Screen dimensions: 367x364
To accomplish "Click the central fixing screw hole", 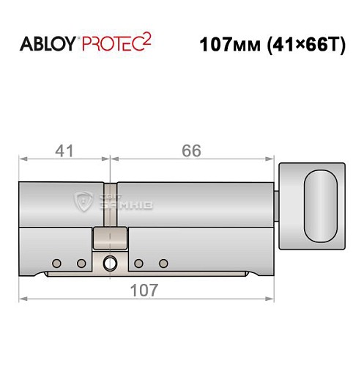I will coord(110,262).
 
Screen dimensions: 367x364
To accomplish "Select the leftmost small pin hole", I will coord(56,263).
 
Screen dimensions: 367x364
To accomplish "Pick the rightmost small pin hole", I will coord(164,263).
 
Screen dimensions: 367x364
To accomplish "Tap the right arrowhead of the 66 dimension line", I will coord(275,158).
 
